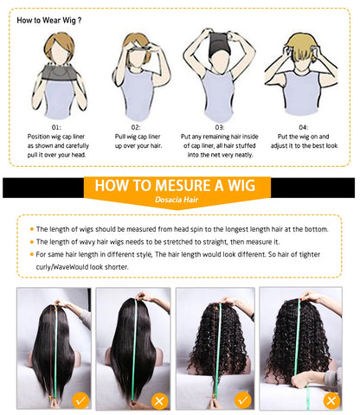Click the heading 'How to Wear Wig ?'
coord(49,21)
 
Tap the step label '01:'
coord(56,127)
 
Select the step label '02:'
coord(136,127)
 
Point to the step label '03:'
coord(220,127)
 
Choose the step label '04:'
coord(303,127)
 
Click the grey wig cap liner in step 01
coord(59,72)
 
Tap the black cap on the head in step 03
coord(219,43)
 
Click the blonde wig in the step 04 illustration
coord(301,46)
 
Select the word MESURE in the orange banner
coord(183,185)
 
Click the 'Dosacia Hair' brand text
coord(177,200)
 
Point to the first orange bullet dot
coord(32,229)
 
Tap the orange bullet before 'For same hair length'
coord(32,254)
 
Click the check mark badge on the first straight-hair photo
coord(80,400)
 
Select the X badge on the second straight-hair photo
coord(160,400)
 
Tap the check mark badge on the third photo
coord(243,400)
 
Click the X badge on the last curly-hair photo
coord(331,400)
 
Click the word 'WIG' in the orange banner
coord(241,185)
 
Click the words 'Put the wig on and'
coord(303,137)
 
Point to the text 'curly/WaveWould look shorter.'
coord(82,267)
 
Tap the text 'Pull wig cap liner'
coord(138,137)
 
